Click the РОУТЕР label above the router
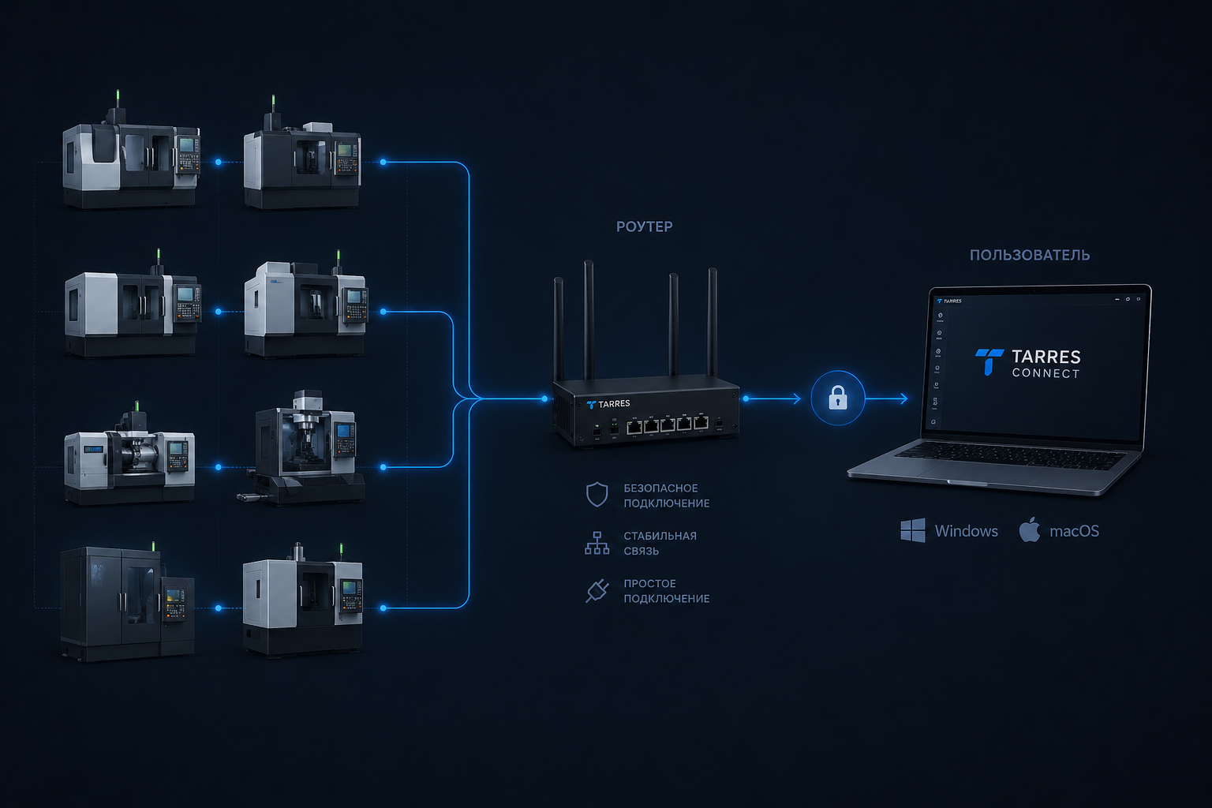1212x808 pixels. (644, 226)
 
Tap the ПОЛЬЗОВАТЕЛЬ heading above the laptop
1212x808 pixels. (1029, 255)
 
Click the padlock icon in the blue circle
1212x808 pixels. (838, 398)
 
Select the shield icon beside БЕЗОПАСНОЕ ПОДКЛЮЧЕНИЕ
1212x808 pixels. (597, 495)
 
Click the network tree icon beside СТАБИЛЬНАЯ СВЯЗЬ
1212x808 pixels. (597, 543)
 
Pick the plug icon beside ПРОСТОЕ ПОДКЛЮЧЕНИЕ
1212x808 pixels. (597, 590)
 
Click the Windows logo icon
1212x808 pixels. (913, 530)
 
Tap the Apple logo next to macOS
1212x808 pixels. (1029, 529)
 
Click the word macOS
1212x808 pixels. (1074, 531)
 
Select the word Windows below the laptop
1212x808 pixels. (966, 531)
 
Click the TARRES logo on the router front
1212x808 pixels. (608, 404)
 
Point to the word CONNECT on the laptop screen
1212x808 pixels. (1046, 373)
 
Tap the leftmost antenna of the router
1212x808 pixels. (559, 327)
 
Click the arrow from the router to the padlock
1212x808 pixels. (773, 398)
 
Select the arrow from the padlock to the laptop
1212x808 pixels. (888, 398)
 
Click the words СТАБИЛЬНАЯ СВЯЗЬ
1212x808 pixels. (660, 543)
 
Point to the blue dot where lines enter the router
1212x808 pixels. (544, 398)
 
